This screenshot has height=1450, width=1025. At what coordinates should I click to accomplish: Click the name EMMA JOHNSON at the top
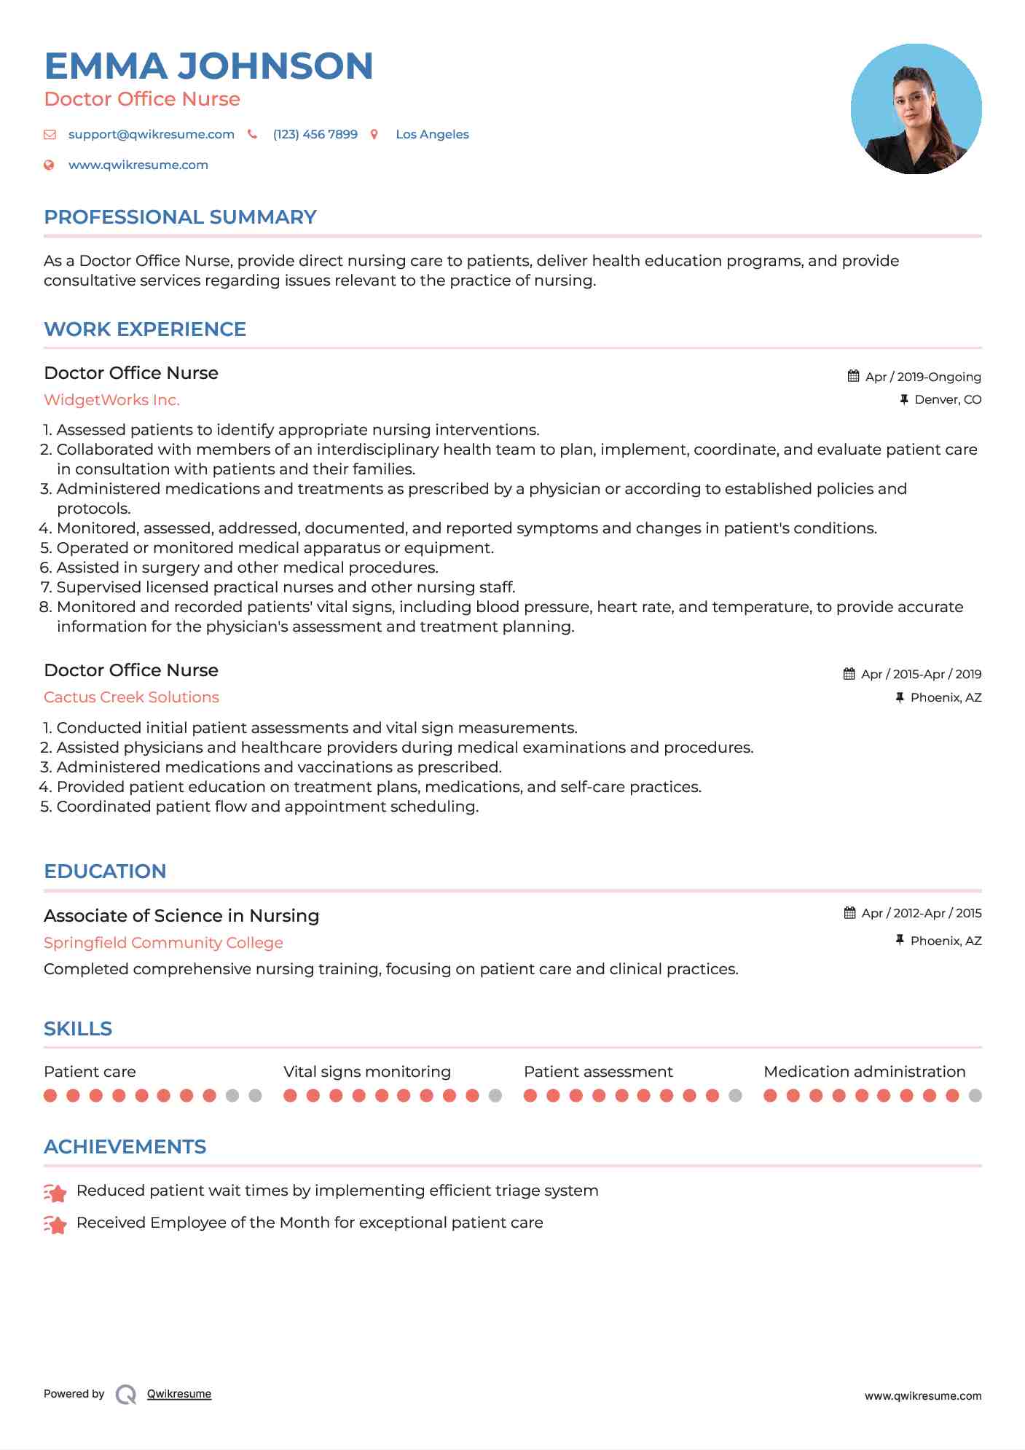click(x=208, y=66)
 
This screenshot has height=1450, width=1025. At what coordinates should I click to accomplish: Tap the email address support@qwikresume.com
click(x=151, y=134)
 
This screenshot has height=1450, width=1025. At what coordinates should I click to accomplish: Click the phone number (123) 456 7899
click(x=315, y=134)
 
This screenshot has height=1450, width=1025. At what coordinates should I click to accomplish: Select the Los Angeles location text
click(x=432, y=134)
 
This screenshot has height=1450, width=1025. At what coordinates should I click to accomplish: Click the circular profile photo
click(x=916, y=109)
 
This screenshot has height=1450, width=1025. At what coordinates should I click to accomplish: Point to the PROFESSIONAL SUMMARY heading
click(x=180, y=217)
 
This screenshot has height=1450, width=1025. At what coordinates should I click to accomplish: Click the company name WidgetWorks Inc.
click(x=111, y=400)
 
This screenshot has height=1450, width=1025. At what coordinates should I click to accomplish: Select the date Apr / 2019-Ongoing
click(x=922, y=377)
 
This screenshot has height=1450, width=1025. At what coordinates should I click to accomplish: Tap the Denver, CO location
click(x=947, y=399)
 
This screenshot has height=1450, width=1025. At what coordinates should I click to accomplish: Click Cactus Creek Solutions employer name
click(x=131, y=697)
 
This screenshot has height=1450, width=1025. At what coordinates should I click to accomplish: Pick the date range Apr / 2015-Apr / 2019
click(x=920, y=674)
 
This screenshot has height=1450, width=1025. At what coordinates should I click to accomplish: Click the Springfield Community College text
click(x=163, y=943)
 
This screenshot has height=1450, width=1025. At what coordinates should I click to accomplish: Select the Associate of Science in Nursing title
click(x=181, y=916)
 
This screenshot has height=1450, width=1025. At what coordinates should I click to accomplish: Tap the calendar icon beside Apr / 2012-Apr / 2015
click(x=849, y=913)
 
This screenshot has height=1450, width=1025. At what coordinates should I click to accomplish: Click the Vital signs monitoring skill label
click(x=367, y=1072)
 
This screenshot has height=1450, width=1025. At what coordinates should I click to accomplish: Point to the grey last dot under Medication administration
click(x=975, y=1096)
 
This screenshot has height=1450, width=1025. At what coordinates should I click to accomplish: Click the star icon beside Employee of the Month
click(x=55, y=1225)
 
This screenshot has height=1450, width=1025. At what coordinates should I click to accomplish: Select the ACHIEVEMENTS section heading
click(x=125, y=1147)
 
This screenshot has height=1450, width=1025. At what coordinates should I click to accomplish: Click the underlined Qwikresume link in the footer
click(x=178, y=1394)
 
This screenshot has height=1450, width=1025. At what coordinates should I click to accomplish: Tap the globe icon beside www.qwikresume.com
click(x=50, y=165)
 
